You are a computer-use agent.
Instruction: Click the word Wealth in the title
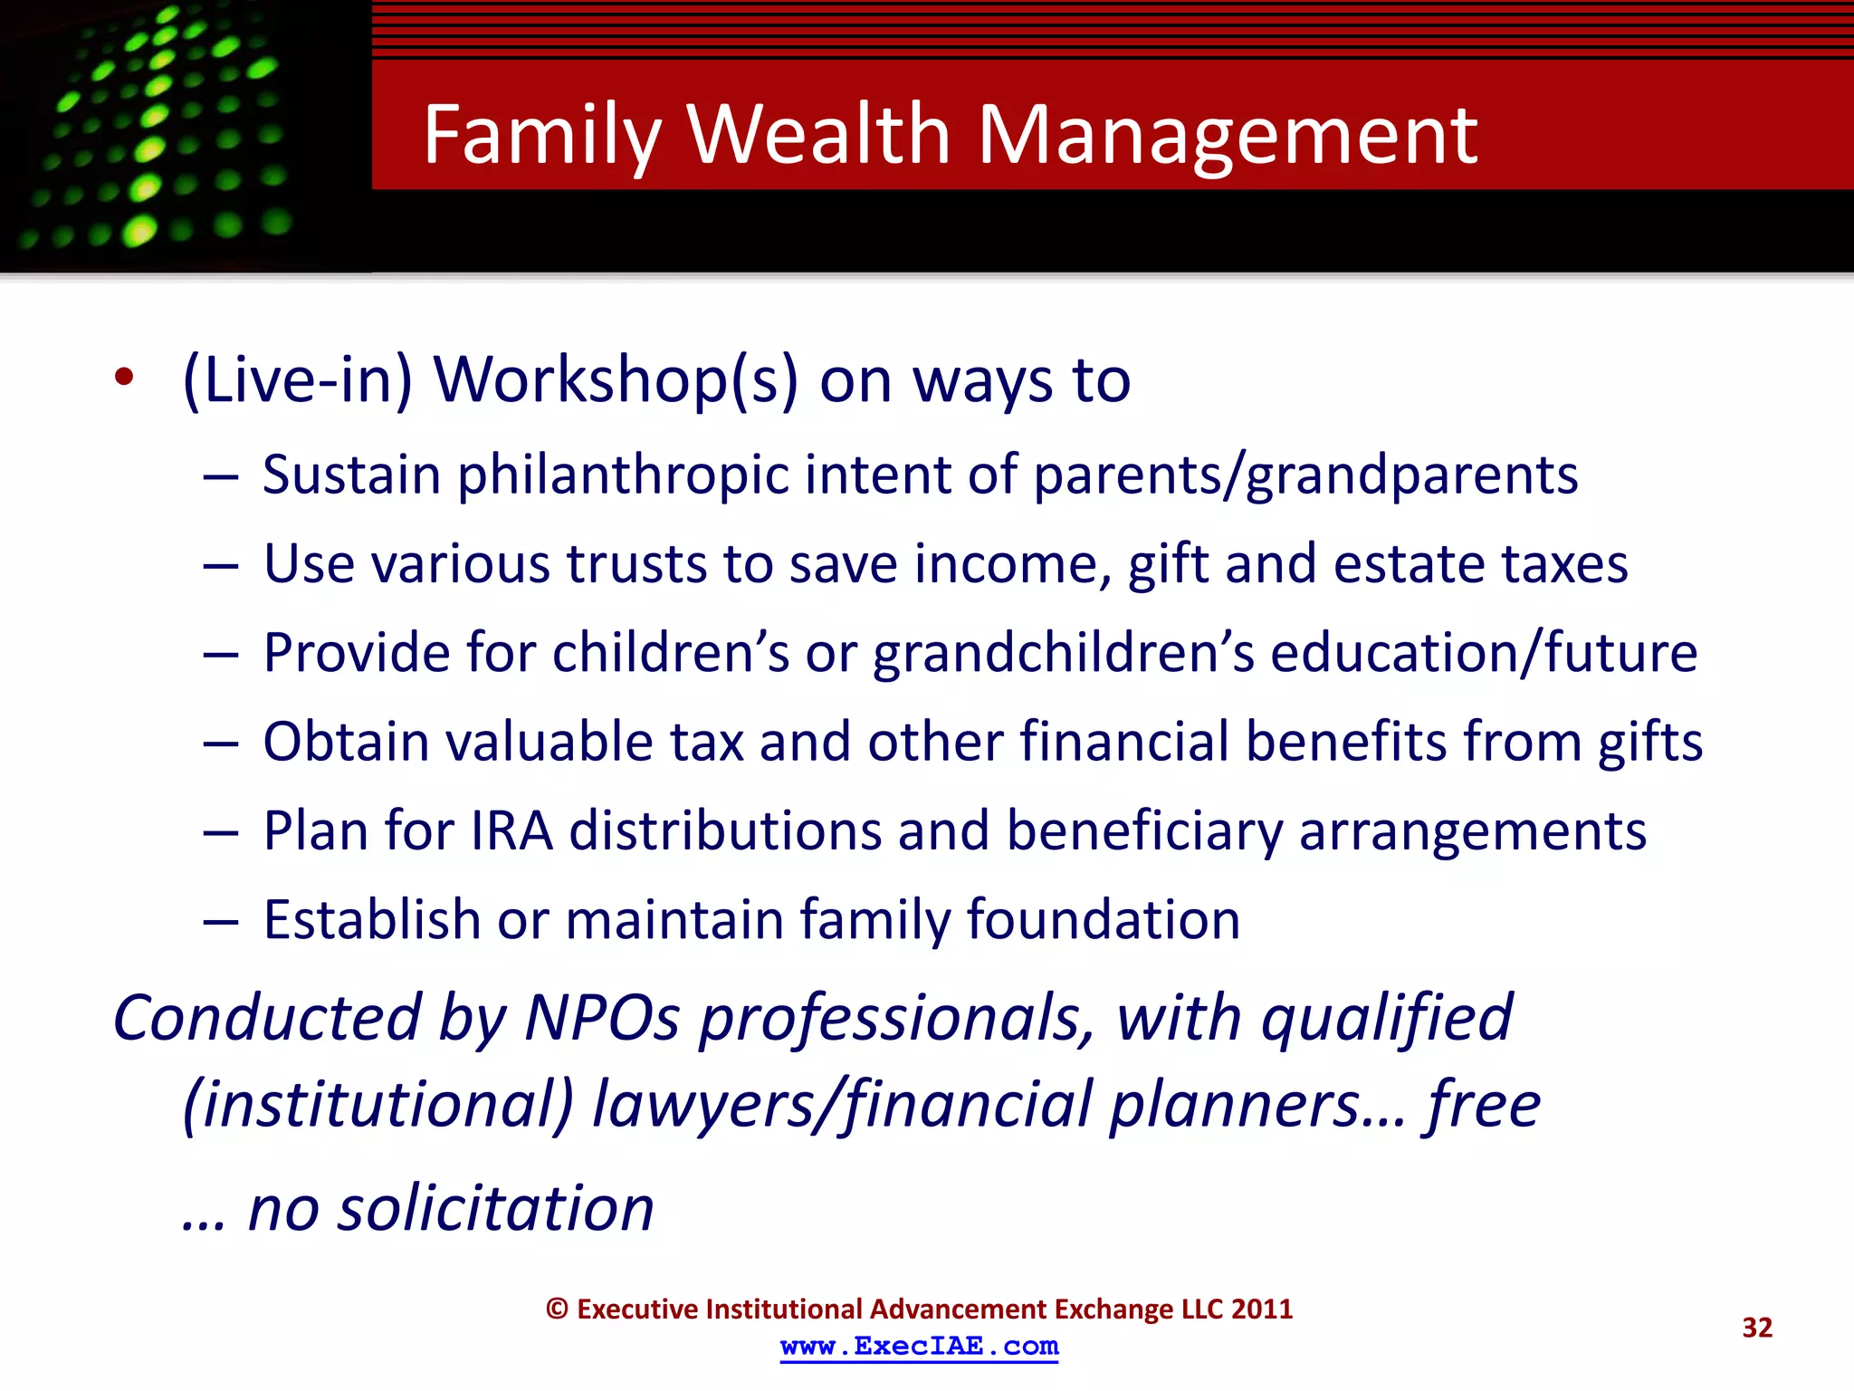[818, 136]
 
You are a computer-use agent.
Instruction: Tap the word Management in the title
[1228, 136]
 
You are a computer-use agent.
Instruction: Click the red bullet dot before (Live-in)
[124, 378]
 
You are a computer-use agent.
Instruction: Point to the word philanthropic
[623, 475]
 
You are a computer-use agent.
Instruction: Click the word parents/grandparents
[1305, 475]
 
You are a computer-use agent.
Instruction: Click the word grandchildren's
[1064, 653]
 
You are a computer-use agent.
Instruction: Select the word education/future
[1484, 653]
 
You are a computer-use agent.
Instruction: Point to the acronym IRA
[511, 830]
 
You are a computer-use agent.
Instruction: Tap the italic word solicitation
[495, 1209]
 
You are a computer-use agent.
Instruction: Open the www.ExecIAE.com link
[919, 1347]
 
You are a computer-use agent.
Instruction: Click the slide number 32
[1756, 1328]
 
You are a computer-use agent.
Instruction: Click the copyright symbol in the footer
[557, 1309]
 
